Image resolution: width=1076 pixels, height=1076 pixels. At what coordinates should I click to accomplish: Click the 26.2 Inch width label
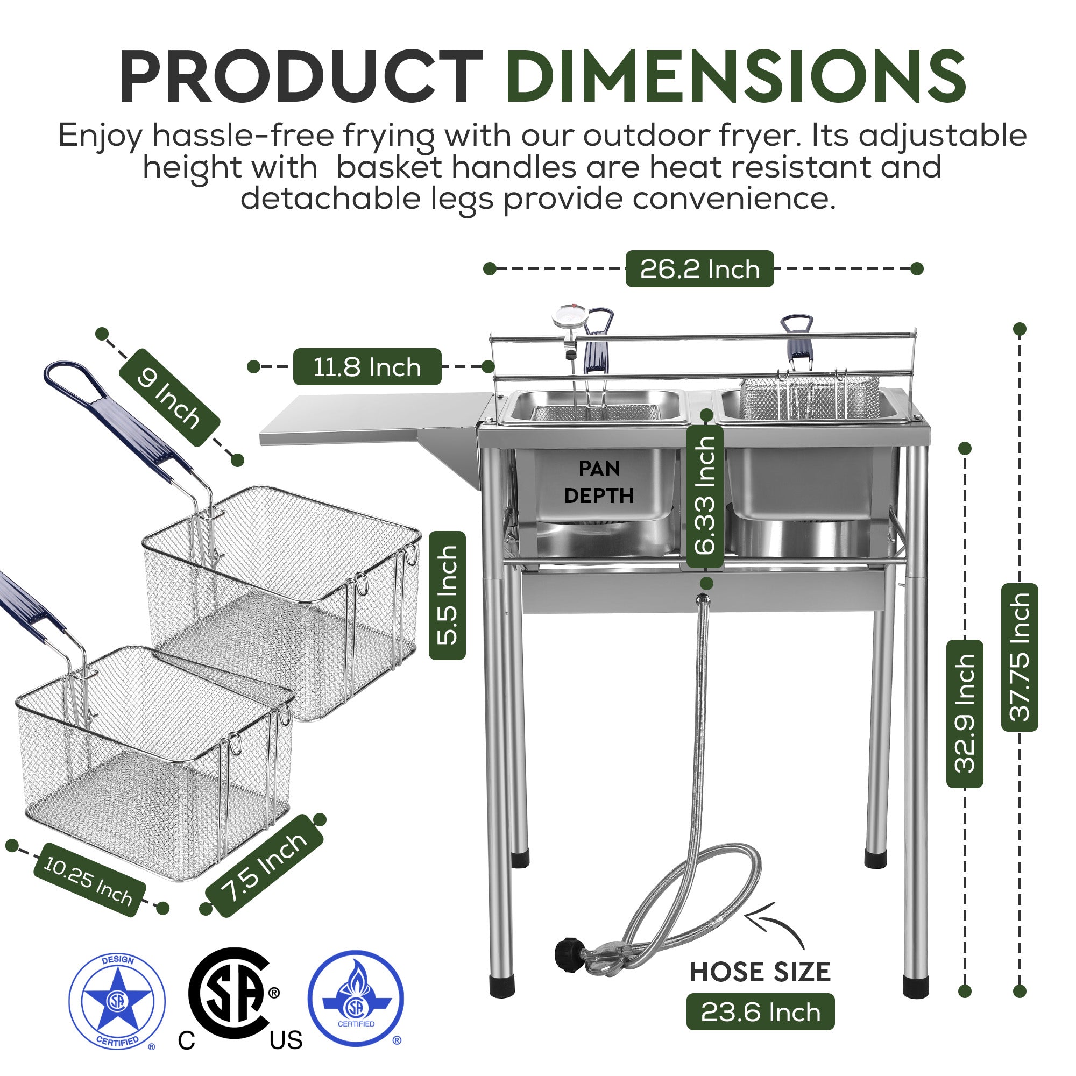699,269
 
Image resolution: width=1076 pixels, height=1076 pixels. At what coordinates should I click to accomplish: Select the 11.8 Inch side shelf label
367,367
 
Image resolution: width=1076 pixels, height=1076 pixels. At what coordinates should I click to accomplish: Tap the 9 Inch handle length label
169,398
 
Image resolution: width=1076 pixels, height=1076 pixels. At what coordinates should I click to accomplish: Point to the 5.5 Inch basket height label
447,596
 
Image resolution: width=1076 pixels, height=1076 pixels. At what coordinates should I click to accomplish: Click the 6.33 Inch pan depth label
705,495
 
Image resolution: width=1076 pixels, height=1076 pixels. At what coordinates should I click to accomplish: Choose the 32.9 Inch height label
965,713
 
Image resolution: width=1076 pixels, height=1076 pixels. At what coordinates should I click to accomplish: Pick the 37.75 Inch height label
1019,657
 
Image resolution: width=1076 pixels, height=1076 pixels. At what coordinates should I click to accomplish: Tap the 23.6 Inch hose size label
760,1012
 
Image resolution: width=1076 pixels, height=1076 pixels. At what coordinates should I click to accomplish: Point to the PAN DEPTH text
599,482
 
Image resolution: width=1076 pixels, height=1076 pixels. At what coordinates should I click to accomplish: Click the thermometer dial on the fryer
569,317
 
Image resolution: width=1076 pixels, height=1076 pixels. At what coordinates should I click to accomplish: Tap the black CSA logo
231,994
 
